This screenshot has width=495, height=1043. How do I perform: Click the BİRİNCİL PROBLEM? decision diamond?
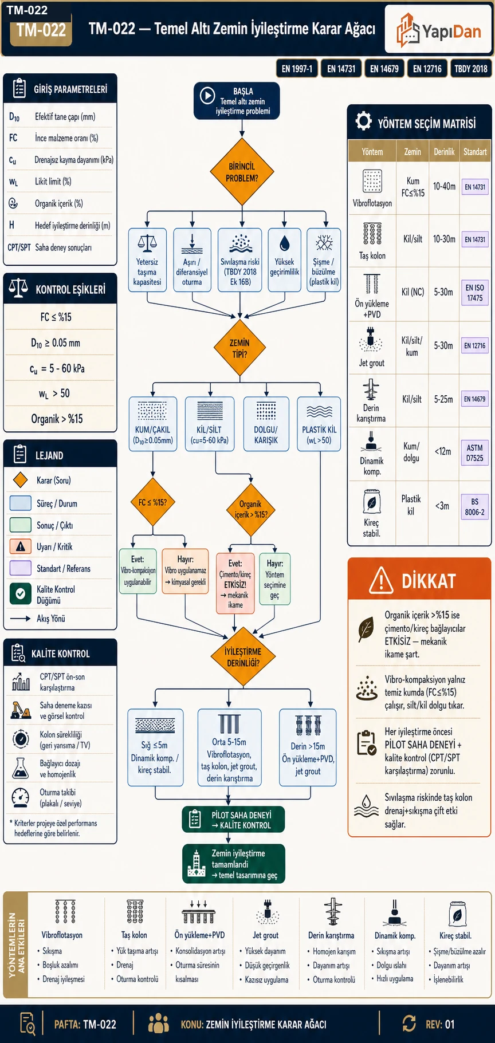(242, 172)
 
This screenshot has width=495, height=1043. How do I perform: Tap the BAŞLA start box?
(237, 101)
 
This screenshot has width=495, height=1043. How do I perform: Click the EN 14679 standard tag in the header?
(384, 69)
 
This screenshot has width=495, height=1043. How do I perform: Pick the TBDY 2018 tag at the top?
(470, 69)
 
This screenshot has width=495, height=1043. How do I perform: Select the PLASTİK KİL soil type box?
(319, 424)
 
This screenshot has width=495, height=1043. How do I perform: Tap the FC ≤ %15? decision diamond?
(152, 502)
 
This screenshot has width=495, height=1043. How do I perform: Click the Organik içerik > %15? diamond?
(250, 509)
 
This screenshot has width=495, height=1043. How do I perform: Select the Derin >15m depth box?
(308, 747)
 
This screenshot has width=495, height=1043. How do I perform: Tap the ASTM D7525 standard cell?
(474, 452)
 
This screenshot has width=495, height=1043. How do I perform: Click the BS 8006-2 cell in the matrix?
(474, 507)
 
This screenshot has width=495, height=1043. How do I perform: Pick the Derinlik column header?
(444, 152)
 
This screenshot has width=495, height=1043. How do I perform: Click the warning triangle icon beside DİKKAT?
(381, 580)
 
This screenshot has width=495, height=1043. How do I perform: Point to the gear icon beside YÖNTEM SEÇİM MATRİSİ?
(363, 121)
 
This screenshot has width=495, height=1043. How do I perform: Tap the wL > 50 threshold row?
(54, 393)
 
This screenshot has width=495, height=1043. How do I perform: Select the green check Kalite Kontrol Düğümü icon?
(21, 594)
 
